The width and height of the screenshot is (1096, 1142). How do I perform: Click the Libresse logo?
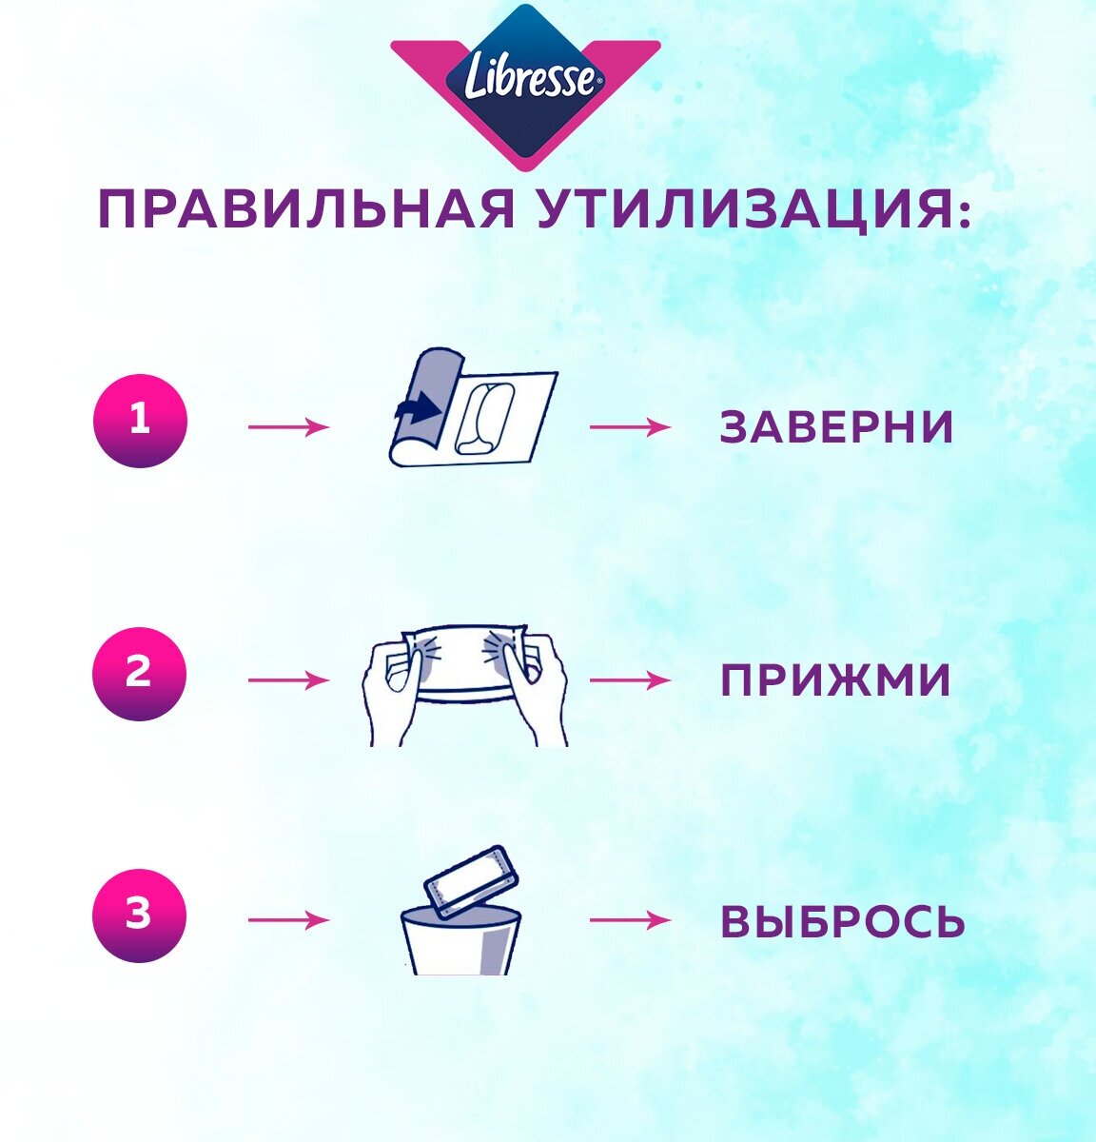coord(526,81)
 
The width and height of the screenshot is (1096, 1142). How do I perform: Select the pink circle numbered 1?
coord(140,421)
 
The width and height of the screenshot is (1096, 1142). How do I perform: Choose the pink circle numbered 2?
coord(139,674)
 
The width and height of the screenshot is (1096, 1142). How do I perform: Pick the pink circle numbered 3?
coord(139,916)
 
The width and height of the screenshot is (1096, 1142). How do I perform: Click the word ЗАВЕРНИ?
coord(836,427)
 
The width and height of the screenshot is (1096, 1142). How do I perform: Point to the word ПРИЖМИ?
coord(835,680)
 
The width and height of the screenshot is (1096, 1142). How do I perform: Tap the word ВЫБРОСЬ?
coord(843,921)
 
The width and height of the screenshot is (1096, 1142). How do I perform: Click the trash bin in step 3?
coord(460,942)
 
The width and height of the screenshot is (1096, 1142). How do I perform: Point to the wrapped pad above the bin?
coord(472,880)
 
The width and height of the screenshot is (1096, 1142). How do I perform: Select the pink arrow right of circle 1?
coord(288,427)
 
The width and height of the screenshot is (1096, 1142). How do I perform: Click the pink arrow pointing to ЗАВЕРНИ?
coord(629,427)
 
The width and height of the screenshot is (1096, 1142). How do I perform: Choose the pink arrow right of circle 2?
coord(288,680)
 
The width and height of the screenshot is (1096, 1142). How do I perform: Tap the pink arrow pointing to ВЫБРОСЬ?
coord(629,921)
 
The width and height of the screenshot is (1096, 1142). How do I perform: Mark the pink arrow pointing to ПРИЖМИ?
coord(629,680)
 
